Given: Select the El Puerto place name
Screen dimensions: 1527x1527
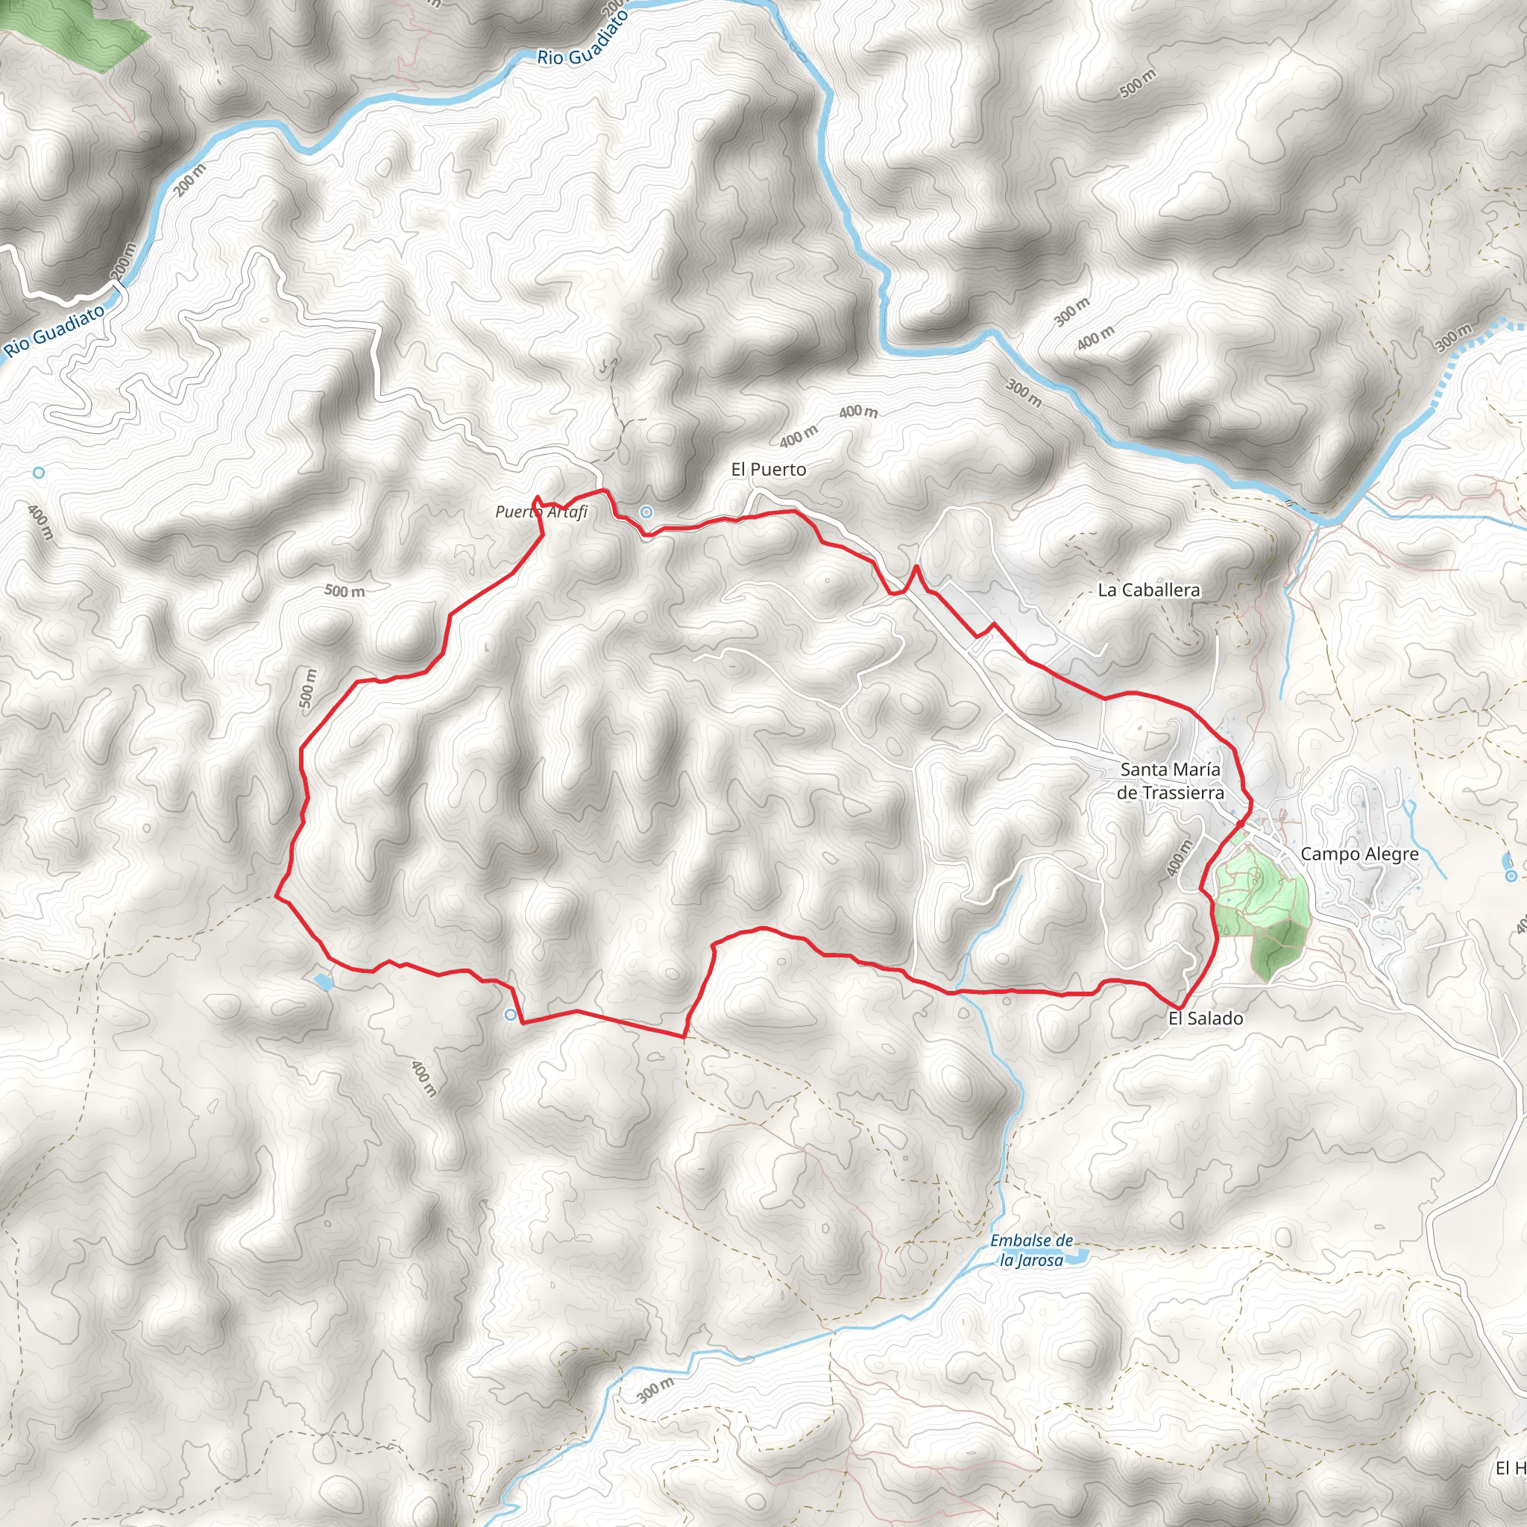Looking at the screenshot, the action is pyautogui.click(x=768, y=470).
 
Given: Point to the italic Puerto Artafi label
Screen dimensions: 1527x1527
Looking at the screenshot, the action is pyautogui.click(x=541, y=512).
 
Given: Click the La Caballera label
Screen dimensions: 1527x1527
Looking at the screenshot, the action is pyautogui.click(x=1148, y=590).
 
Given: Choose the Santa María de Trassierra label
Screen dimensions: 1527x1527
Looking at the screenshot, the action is pyautogui.click(x=1170, y=781).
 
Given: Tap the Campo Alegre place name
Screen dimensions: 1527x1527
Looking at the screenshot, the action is pyautogui.click(x=1359, y=854).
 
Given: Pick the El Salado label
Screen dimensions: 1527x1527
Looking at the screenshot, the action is pyautogui.click(x=1206, y=1018).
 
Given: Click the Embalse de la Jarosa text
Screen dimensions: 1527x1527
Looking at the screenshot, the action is pyautogui.click(x=1031, y=1250).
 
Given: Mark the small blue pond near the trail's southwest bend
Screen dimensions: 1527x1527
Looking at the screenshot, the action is pyautogui.click(x=322, y=983).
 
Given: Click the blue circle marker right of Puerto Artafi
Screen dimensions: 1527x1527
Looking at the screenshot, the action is pyautogui.click(x=646, y=512).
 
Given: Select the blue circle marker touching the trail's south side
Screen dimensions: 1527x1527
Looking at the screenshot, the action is pyautogui.click(x=511, y=1015).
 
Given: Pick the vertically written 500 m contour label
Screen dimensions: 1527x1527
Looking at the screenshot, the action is pyautogui.click(x=307, y=688).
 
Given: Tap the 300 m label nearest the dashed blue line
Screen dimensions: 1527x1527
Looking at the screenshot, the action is pyautogui.click(x=1454, y=338).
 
